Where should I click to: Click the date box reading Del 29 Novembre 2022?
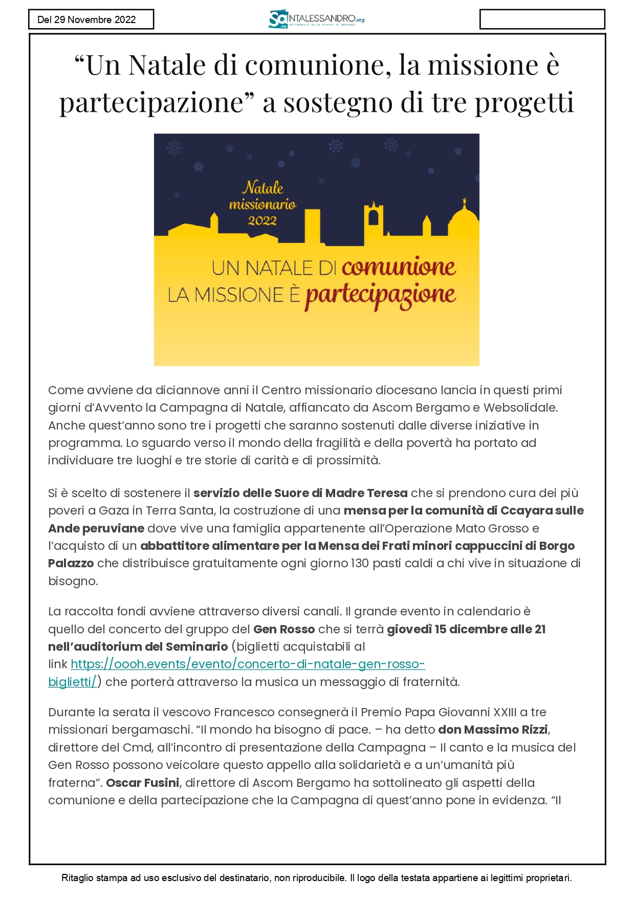(91, 19)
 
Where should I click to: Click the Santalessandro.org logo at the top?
(316, 19)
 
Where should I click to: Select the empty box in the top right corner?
(542, 19)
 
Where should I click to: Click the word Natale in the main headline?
(167, 66)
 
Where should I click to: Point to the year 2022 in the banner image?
(262, 221)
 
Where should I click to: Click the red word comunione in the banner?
(399, 267)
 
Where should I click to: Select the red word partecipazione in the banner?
(380, 295)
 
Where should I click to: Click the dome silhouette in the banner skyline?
(463, 220)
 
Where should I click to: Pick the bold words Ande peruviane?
(96, 528)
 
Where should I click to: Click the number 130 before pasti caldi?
(360, 564)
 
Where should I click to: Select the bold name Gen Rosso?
(284, 629)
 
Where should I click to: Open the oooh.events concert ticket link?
(248, 665)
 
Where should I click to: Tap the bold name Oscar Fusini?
(143, 783)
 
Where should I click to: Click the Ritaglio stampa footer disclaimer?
(316, 878)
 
